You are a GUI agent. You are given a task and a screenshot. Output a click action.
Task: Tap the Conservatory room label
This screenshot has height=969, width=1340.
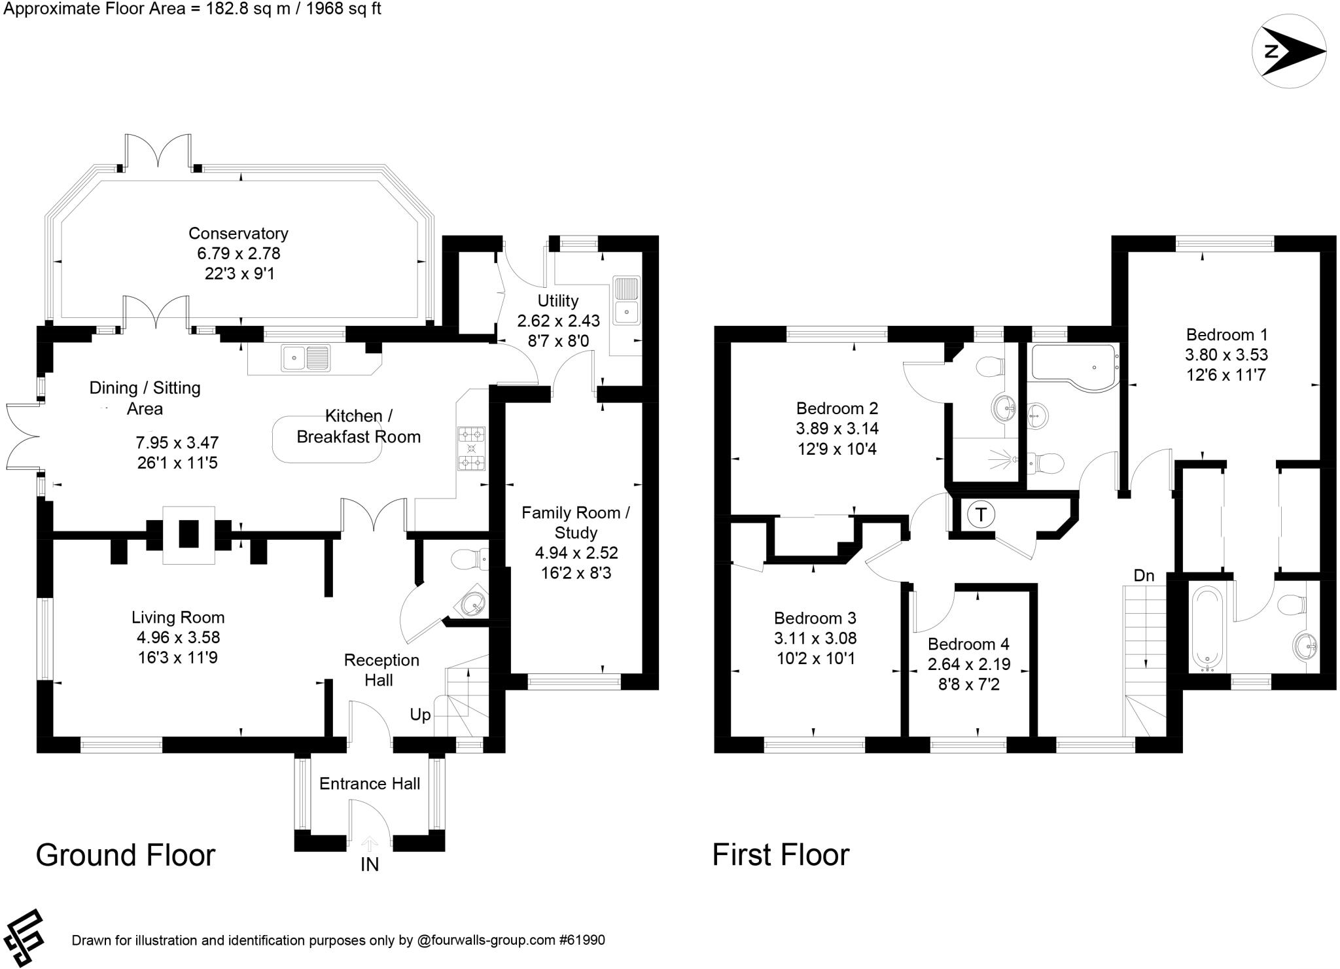pos(238,234)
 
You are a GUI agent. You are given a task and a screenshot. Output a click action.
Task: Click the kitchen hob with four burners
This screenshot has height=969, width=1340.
pos(471,449)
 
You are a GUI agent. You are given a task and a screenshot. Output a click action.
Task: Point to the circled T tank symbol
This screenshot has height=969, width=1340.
pos(980,514)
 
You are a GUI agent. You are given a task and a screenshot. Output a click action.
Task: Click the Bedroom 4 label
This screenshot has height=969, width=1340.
pos(968,644)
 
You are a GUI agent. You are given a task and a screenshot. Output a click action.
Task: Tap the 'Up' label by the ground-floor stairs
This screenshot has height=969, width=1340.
pos(420,714)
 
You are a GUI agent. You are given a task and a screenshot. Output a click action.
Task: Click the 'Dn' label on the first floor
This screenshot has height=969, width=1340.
pos(1144,576)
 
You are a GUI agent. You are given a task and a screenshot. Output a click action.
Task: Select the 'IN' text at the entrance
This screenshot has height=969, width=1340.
pos(370,865)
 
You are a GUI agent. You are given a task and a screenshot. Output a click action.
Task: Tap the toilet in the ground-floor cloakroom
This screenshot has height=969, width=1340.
pos(469,559)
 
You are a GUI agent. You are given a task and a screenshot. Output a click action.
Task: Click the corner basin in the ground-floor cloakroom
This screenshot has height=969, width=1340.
pos(473,603)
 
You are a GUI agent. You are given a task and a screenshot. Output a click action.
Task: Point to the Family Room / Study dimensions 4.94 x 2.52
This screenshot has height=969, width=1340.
pos(576,553)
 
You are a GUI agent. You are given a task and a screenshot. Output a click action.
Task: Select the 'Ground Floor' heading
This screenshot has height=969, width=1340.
pos(125,855)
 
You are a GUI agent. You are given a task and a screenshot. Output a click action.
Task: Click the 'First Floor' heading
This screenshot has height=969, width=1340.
pos(780,855)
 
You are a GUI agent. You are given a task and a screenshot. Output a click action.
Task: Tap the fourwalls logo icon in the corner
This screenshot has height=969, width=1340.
pos(24,938)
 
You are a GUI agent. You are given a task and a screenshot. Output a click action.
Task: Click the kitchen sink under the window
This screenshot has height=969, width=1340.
pos(306,358)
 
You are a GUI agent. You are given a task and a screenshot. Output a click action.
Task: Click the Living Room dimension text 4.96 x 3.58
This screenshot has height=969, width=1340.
pos(178,637)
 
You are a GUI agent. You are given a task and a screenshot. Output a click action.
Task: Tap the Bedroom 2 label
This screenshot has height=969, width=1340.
pos(837,408)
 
